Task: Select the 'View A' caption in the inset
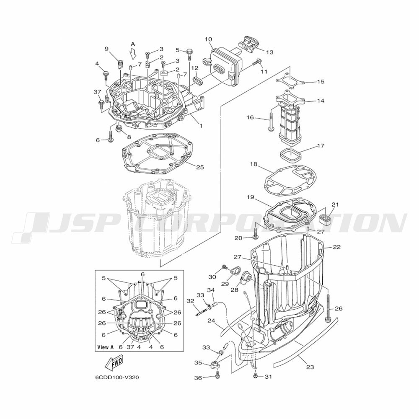tap(106, 347)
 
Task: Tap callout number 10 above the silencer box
tap(208, 39)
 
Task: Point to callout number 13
tap(270, 52)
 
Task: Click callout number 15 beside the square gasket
tap(321, 82)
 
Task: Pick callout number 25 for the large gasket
tap(200, 167)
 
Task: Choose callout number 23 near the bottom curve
tap(310, 367)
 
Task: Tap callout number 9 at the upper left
tap(106, 49)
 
